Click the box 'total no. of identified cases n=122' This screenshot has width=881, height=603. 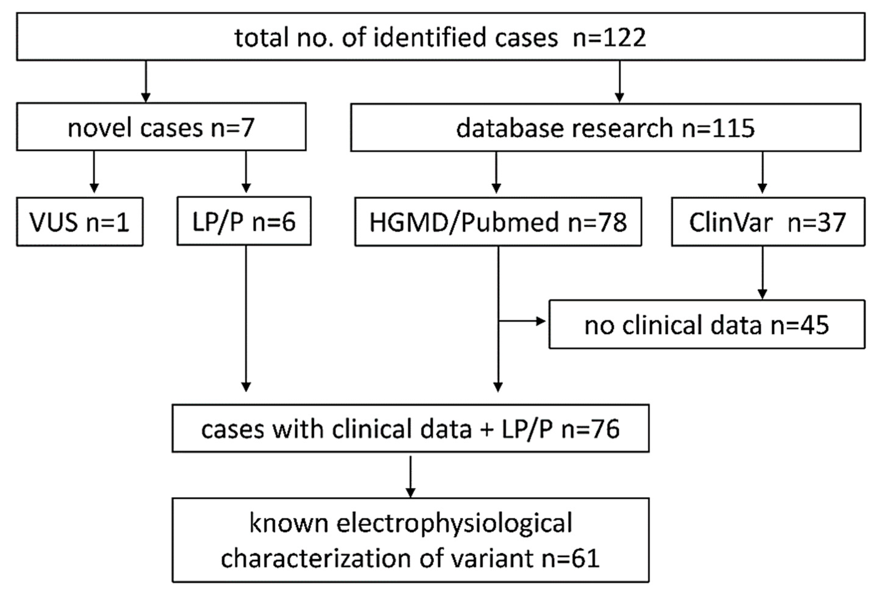tap(440, 37)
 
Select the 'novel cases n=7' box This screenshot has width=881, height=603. tap(161, 127)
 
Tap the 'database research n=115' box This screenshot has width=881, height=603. tap(605, 127)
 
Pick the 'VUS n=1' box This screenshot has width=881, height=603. tap(80, 222)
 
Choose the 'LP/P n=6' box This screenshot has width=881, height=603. tap(244, 221)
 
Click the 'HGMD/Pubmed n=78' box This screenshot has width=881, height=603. tap(498, 222)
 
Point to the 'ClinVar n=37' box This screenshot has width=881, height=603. tap(768, 222)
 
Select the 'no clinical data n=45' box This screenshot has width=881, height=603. tap(707, 325)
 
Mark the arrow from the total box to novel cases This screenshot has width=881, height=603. tap(146, 81)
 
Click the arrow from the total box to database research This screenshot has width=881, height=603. tap(619, 81)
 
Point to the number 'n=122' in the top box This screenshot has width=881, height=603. tap(609, 38)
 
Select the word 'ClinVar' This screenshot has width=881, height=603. tap(731, 222)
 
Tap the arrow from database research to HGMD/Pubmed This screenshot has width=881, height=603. tap(496, 172)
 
